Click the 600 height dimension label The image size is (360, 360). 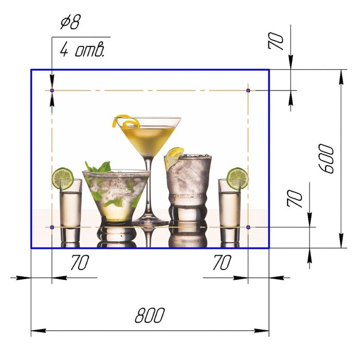(326, 158)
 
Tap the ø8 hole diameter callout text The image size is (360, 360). (70, 22)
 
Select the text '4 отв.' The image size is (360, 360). (82, 49)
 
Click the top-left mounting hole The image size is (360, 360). (52, 91)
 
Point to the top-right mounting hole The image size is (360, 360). (248, 90)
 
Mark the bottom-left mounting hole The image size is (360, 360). (52, 227)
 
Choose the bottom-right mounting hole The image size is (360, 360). (248, 227)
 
